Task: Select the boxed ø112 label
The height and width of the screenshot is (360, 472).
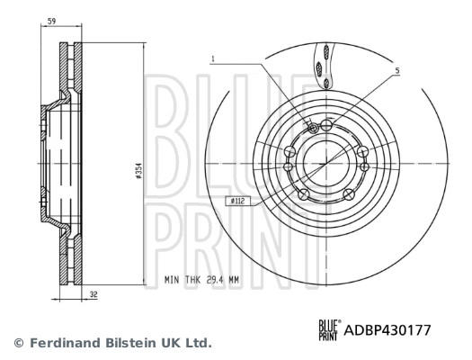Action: coord(238,202)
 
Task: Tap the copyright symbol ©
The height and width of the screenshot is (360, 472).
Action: coord(18,343)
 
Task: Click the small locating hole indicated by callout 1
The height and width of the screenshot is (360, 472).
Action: coord(311,128)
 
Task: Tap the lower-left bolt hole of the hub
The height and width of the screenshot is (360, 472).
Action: coord(304,193)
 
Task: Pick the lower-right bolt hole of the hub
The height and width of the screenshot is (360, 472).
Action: coord(348,193)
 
